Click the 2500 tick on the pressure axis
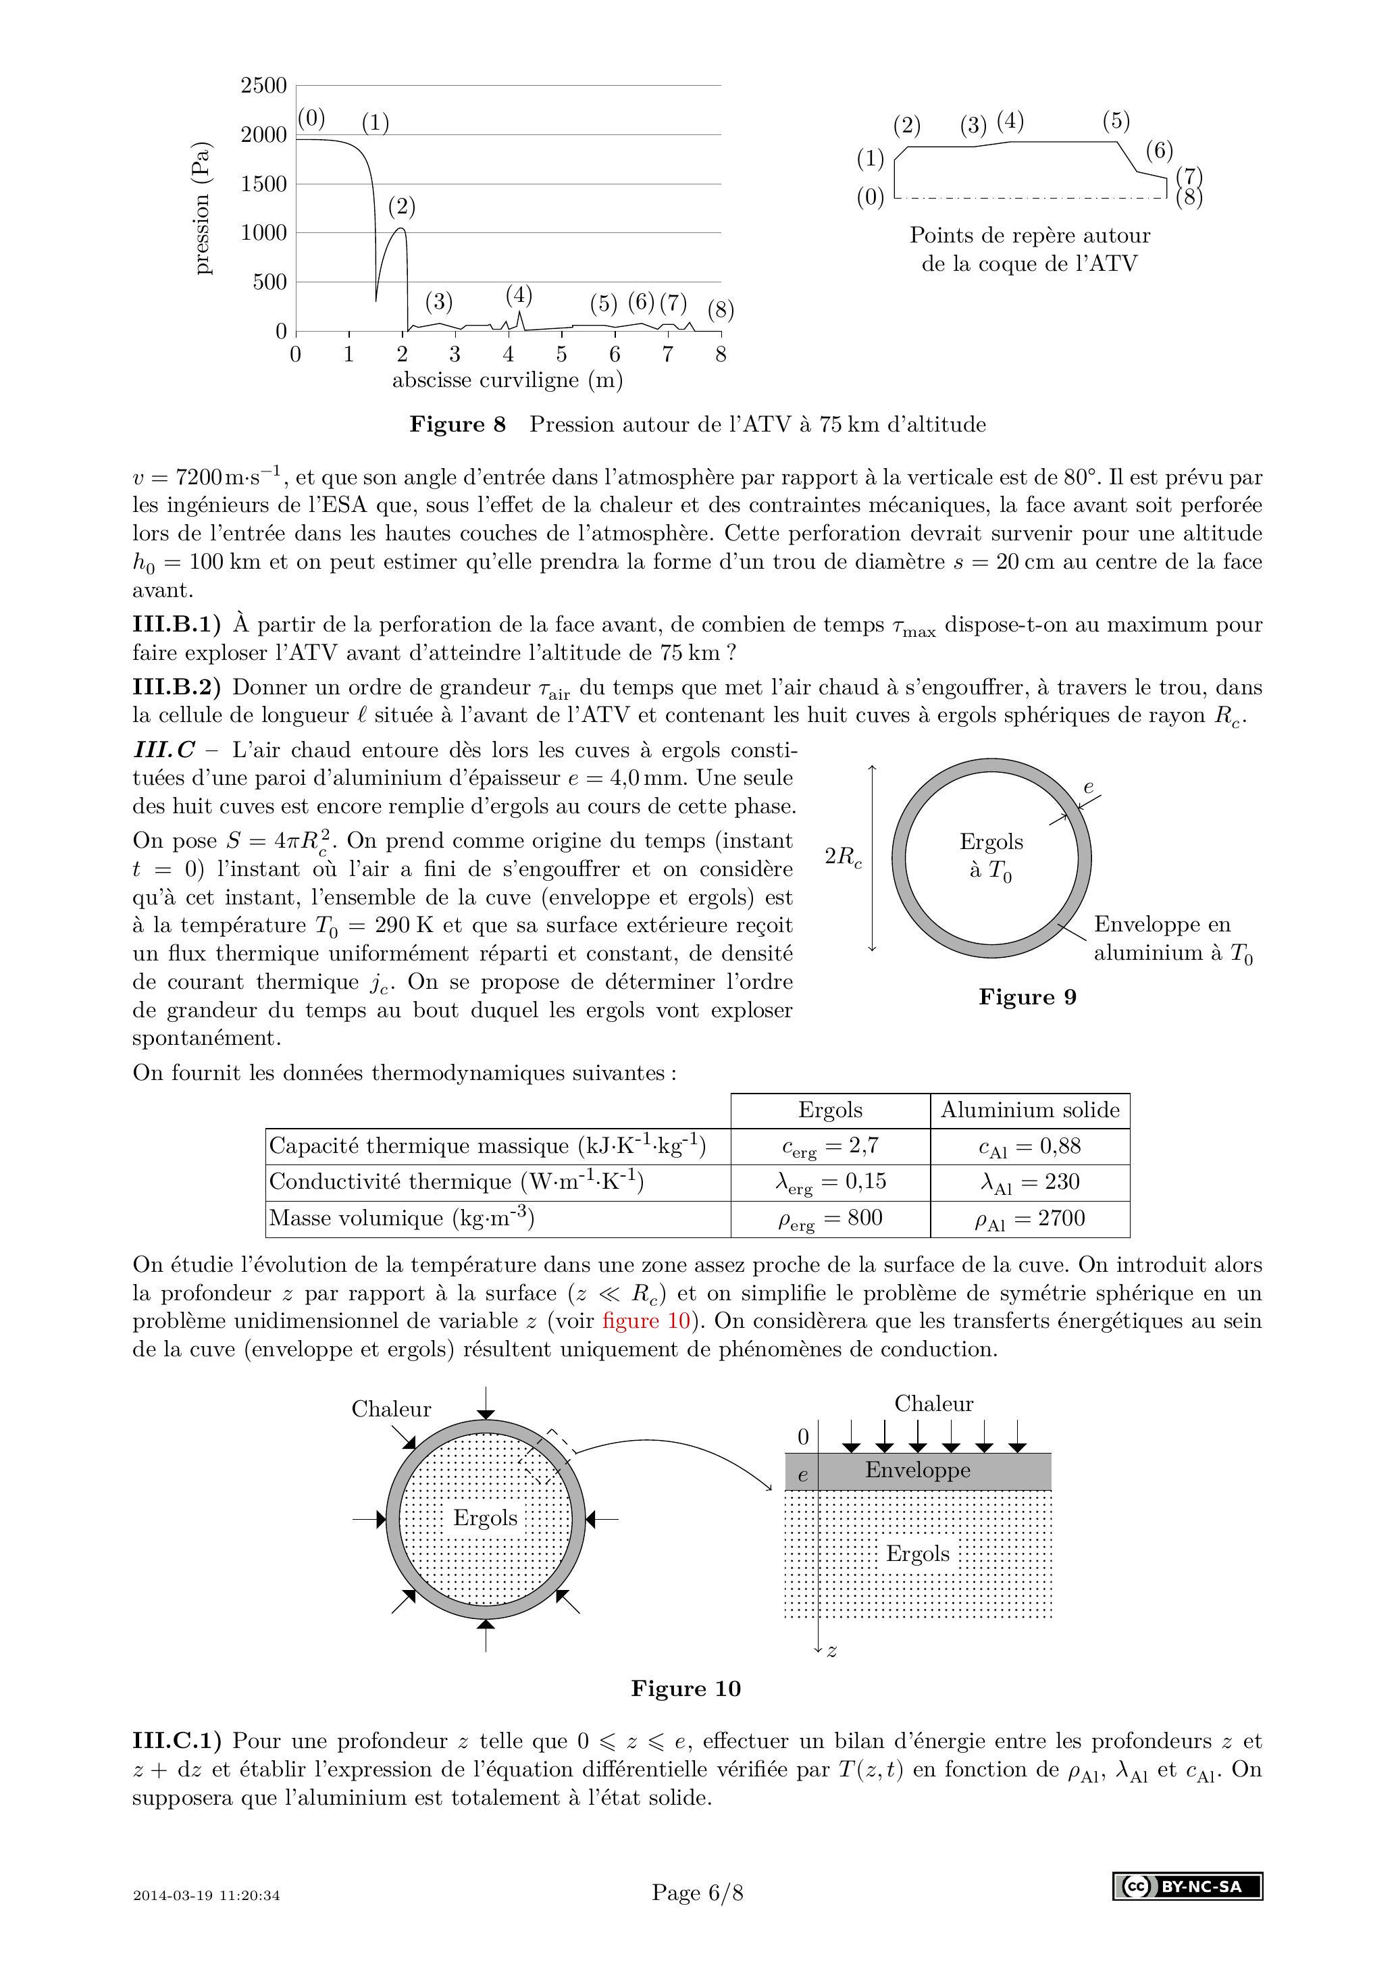click(x=263, y=85)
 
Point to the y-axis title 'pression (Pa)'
click(x=201, y=207)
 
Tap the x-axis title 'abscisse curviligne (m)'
click(x=507, y=380)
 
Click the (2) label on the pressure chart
click(x=402, y=207)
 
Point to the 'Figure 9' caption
click(x=1027, y=997)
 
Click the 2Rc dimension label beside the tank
click(x=843, y=856)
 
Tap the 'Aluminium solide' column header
click(x=1029, y=1110)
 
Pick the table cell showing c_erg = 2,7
click(x=829, y=1147)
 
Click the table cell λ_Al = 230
click(x=1029, y=1183)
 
